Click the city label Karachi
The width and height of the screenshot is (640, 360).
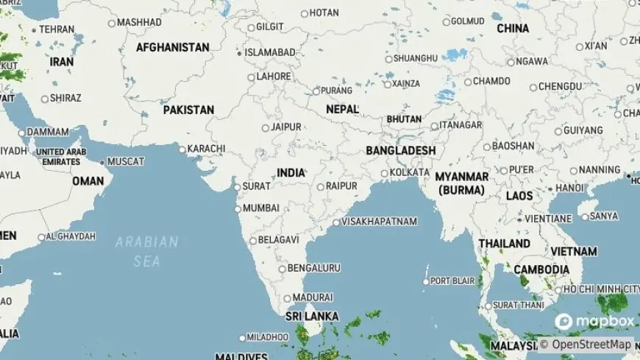(206, 149)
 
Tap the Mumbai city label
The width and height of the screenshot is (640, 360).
(261, 208)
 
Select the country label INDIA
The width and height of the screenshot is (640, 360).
(291, 172)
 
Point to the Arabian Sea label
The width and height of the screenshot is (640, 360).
(147, 251)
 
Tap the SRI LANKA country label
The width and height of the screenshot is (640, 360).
(312, 316)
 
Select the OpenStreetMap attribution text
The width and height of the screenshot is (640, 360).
(591, 345)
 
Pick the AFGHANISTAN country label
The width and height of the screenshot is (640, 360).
(173, 47)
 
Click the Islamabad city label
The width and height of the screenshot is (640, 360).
(270, 53)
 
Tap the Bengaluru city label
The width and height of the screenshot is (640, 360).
(314, 268)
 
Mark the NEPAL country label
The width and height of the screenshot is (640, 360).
(342, 109)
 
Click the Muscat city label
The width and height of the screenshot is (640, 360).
(126, 161)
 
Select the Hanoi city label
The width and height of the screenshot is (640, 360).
(570, 188)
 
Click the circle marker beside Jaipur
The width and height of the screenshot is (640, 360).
(266, 127)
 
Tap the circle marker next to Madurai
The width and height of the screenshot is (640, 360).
(287, 298)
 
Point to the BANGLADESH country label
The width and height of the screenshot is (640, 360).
(400, 150)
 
